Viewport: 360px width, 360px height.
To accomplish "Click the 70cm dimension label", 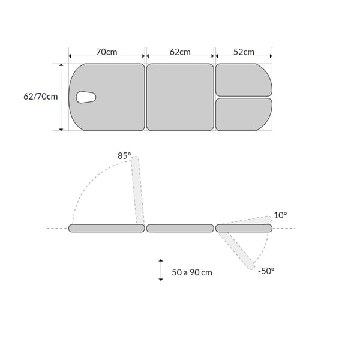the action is point(107,52).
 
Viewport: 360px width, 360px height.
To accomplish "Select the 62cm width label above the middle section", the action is point(180,52).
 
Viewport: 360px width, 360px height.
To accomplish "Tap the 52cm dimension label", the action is point(244,52).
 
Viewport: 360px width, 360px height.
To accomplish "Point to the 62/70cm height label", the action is point(41,97).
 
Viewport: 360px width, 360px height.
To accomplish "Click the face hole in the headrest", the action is point(86,97).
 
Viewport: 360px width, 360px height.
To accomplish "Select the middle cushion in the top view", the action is point(180,97).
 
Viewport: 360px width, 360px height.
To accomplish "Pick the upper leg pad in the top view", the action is point(244,80).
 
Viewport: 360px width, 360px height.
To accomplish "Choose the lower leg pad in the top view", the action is point(244,115).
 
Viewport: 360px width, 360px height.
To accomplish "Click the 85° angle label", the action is point(124,156).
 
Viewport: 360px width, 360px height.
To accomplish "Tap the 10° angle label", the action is point(280,215).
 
